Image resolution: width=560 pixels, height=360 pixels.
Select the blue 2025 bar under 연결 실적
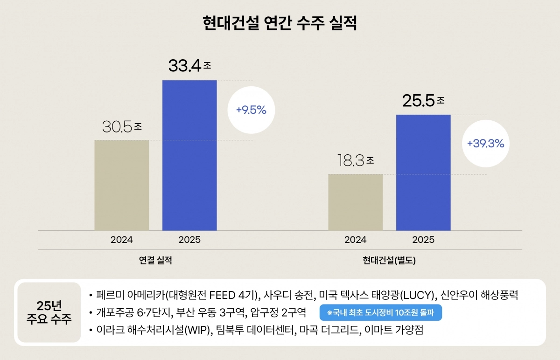(189, 155)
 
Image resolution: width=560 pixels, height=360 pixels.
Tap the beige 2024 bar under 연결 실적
(122, 185)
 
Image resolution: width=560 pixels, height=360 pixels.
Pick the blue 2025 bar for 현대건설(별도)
(423, 173)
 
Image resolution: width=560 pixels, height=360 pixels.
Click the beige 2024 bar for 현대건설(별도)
(356, 202)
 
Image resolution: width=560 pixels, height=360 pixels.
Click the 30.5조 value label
(122, 126)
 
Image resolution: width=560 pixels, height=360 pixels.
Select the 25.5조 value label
(423, 100)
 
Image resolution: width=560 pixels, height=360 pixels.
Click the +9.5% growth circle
(251, 111)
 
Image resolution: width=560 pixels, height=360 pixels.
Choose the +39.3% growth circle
(485, 144)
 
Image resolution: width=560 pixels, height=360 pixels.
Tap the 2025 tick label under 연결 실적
(189, 240)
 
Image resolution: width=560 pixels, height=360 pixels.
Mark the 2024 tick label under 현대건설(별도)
(356, 240)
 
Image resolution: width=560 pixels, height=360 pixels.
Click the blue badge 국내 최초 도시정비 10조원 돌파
(380, 312)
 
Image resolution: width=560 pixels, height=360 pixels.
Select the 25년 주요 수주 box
(49, 312)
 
